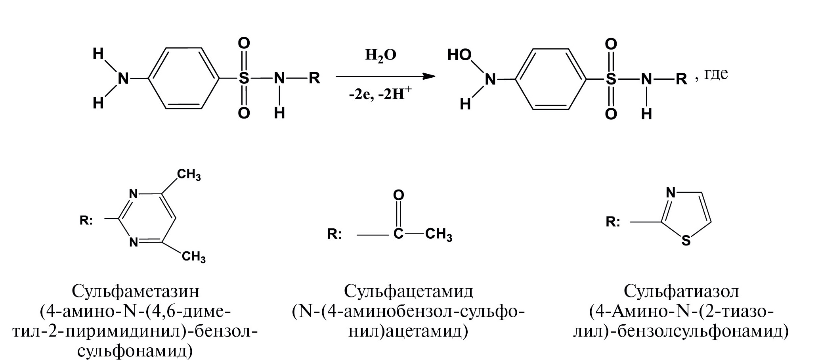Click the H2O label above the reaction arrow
pyautogui.click(x=380, y=56)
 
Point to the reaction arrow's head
pyautogui.click(x=428, y=77)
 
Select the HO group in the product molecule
pyautogui.click(x=459, y=55)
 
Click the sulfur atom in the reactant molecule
pyautogui.click(x=244, y=78)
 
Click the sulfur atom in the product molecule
pyautogui.click(x=611, y=79)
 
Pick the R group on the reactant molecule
pyautogui.click(x=315, y=78)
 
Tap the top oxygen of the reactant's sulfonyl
pyautogui.click(x=244, y=43)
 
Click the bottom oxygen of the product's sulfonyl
pyautogui.click(x=611, y=114)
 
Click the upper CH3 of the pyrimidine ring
pyautogui.click(x=189, y=174)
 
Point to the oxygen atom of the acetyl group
pyautogui.click(x=399, y=195)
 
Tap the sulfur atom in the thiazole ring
pyautogui.click(x=686, y=241)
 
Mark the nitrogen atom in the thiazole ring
pyautogui.click(x=671, y=193)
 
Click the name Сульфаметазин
pyautogui.click(x=136, y=291)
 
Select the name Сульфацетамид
pyautogui.click(x=409, y=291)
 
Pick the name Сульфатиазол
pyautogui.click(x=681, y=291)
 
